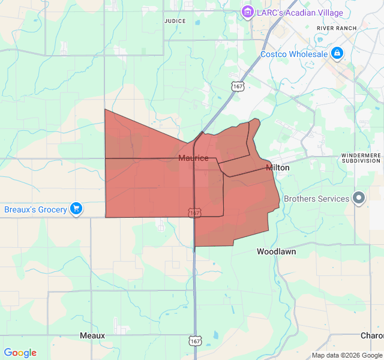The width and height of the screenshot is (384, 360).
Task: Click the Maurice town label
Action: pyautogui.click(x=193, y=158)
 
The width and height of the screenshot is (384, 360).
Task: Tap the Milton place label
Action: pyautogui.click(x=277, y=168)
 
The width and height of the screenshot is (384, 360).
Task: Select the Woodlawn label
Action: pyautogui.click(x=276, y=252)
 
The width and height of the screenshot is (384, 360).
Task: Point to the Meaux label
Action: pyautogui.click(x=92, y=335)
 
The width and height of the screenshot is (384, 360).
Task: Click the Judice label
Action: pyautogui.click(x=175, y=21)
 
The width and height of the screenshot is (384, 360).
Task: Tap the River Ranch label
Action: pyautogui.click(x=337, y=28)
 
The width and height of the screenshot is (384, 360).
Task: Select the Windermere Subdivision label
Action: pyautogui.click(x=361, y=158)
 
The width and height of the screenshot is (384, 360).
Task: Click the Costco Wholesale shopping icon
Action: pyautogui.click(x=337, y=54)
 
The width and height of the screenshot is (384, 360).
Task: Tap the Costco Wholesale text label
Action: pyautogui.click(x=294, y=54)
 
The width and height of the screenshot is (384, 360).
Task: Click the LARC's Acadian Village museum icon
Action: pyautogui.click(x=247, y=12)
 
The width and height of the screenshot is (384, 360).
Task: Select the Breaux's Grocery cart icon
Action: pyautogui.click(x=76, y=209)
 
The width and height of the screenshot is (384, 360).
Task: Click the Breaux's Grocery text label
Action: pyautogui.click(x=34, y=209)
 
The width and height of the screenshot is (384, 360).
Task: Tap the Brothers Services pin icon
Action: pyautogui.click(x=359, y=198)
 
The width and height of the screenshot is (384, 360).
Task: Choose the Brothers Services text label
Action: pyautogui.click(x=316, y=199)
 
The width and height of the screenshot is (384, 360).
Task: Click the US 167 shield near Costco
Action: pyautogui.click(x=238, y=86)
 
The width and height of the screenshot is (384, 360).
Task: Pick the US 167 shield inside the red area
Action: pyautogui.click(x=194, y=213)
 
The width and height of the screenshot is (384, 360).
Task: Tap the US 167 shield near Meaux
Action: pyautogui.click(x=194, y=341)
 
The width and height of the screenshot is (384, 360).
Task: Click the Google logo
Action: pyautogui.click(x=20, y=353)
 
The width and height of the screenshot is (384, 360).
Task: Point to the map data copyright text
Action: pyautogui.click(x=346, y=355)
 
